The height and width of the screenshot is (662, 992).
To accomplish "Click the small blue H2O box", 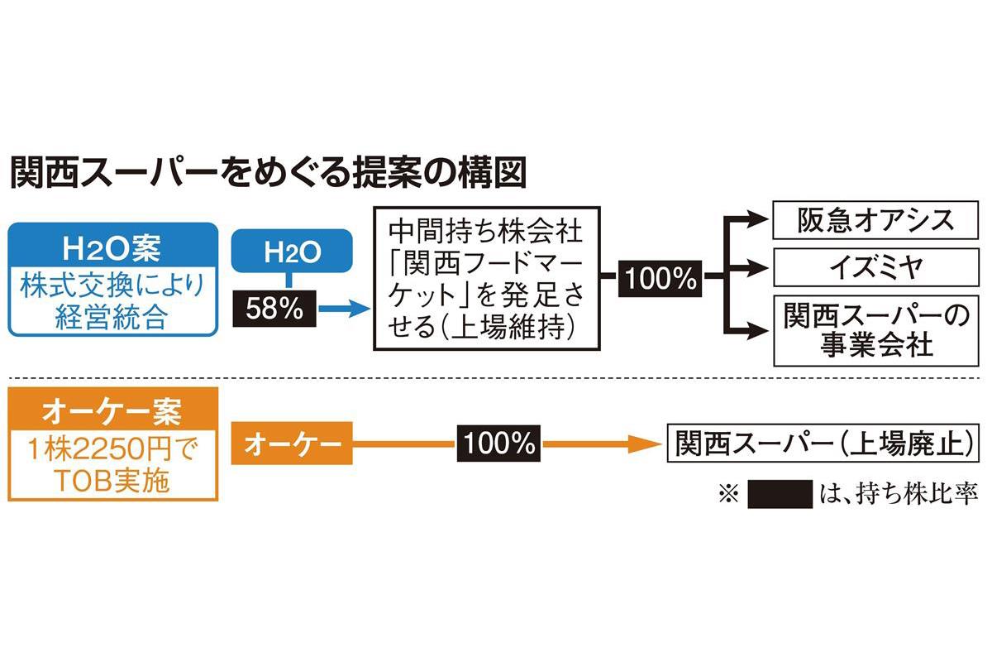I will (289, 250).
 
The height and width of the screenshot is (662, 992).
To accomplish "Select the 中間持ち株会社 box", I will (484, 280).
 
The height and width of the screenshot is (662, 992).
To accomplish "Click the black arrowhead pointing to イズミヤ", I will (759, 267).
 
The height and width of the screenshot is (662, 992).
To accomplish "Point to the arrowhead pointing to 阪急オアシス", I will (759, 220).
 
